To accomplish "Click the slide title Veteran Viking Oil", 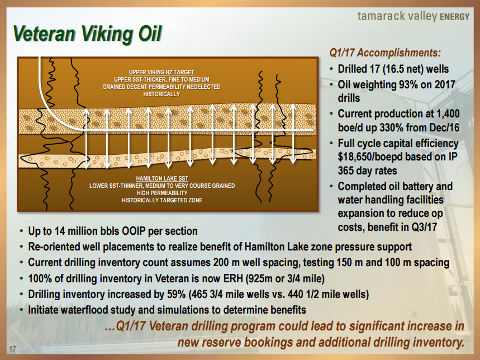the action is click(87, 34).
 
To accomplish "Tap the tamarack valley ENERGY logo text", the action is click(414, 16).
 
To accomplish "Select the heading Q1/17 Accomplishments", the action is click(385, 53).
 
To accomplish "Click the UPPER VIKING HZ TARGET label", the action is click(161, 72).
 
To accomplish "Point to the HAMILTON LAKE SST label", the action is click(162, 178).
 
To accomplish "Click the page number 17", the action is click(12, 349).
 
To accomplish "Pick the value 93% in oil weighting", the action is click(407, 84).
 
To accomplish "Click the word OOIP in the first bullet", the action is click(133, 231).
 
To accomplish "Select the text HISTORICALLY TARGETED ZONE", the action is click(162, 201).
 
